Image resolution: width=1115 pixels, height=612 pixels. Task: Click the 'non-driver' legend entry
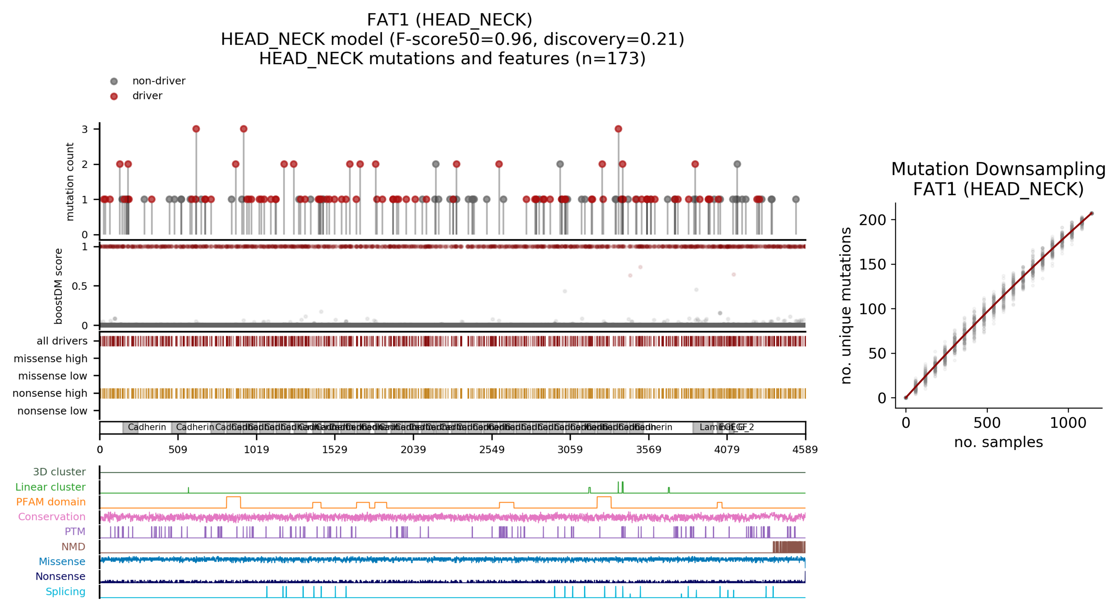coord(158,81)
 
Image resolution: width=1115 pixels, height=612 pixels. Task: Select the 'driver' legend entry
coord(147,96)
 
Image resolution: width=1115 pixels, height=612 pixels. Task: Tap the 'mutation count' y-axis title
coord(70,182)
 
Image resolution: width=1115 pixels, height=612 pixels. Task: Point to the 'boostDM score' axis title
coord(58,286)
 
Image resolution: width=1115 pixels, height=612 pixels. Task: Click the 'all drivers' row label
coord(62,341)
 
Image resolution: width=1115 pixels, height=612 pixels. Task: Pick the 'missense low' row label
coord(52,376)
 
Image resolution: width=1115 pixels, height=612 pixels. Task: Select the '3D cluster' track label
coord(59,472)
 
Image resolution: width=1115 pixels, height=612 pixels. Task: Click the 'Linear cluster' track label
coord(50,487)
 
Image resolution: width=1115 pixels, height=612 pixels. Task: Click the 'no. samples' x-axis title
coord(998,442)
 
